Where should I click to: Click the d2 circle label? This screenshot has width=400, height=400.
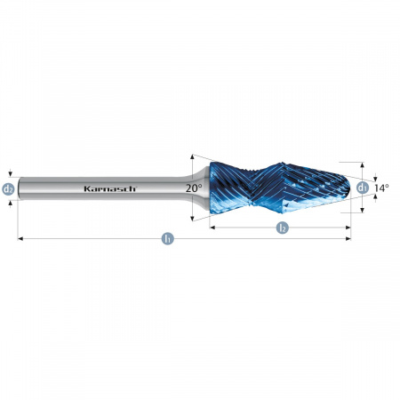pyautogui.click(x=9, y=188)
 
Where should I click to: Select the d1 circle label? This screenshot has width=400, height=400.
pyautogui.click(x=362, y=188)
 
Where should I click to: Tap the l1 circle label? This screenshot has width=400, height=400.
pyautogui.click(x=167, y=238)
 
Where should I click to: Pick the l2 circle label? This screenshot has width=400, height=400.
pyautogui.click(x=282, y=228)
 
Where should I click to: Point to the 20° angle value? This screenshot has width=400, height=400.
pyautogui.click(x=193, y=188)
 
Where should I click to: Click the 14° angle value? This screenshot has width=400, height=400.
pyautogui.click(x=381, y=188)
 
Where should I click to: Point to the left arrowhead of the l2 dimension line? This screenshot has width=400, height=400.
pyautogui.click(x=212, y=228)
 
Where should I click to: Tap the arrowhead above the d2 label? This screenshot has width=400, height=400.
pyautogui.click(x=9, y=174)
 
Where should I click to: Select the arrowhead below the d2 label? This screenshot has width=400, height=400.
pyautogui.click(x=9, y=203)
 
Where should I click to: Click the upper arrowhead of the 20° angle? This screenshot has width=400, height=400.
pyautogui.click(x=193, y=156)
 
